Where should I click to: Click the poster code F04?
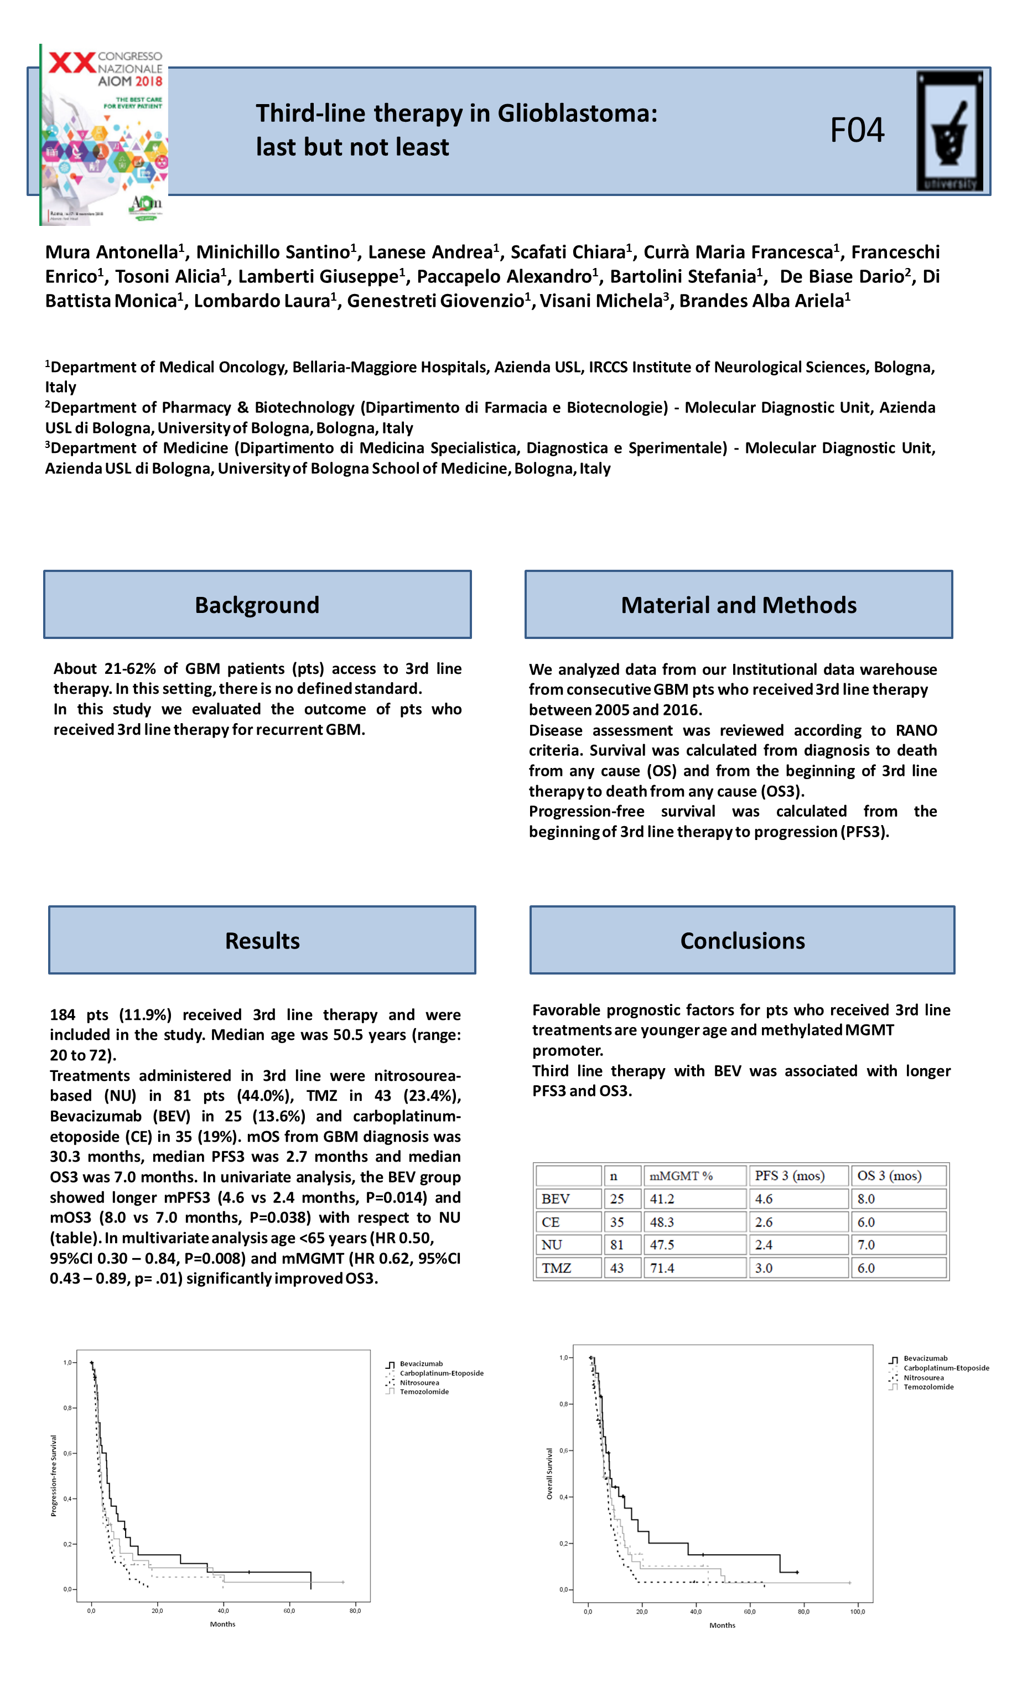pos(857,130)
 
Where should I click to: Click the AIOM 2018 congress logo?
pos(104,135)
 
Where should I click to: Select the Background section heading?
pos(257,605)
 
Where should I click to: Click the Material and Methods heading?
pos(738,605)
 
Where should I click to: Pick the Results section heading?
pos(262,940)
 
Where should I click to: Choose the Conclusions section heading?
pos(742,940)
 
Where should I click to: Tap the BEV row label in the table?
pos(555,1198)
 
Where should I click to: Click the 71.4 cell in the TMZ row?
pos(662,1267)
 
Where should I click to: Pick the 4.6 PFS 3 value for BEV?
pos(764,1198)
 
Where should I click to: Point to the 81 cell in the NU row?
pos(617,1244)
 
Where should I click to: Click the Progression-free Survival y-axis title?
pos(54,1475)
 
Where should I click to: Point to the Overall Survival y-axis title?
pos(549,1473)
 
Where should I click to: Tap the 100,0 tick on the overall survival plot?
pos(857,1611)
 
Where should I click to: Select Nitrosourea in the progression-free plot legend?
pos(419,1382)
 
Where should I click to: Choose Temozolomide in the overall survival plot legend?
pos(928,1386)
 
